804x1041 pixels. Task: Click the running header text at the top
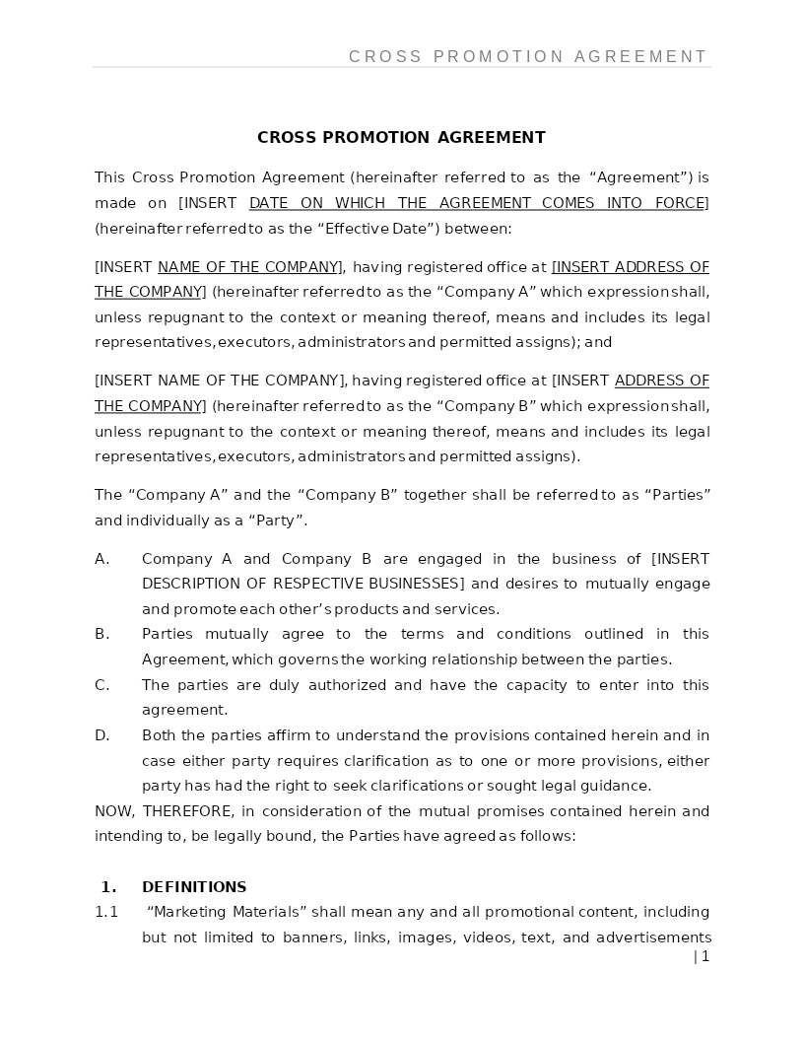click(527, 57)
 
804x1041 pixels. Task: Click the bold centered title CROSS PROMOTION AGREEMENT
click(401, 138)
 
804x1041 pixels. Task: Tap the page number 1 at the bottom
click(704, 956)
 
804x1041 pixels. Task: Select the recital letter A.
click(101, 559)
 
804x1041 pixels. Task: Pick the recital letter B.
click(101, 634)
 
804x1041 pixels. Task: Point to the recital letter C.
click(101, 685)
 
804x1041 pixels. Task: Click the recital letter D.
click(101, 735)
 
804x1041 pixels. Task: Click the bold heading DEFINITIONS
click(194, 887)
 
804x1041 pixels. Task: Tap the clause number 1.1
click(106, 912)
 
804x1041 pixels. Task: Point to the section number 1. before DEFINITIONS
click(108, 887)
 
